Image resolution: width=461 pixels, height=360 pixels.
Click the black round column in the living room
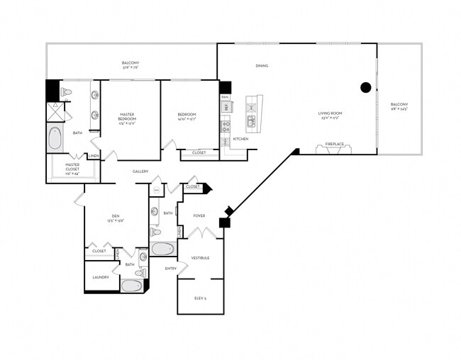click(x=366, y=88)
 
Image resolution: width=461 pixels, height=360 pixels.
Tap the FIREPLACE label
click(x=335, y=144)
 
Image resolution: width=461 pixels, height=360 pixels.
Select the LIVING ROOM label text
click(x=330, y=113)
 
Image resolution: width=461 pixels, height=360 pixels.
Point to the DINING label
click(x=262, y=66)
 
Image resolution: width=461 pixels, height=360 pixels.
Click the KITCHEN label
click(x=241, y=139)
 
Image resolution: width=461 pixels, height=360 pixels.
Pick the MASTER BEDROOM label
click(x=128, y=116)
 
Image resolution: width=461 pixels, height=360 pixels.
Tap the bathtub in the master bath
click(x=56, y=137)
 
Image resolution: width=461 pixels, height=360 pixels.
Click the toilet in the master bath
click(x=66, y=92)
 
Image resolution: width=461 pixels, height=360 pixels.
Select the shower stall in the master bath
click(x=55, y=112)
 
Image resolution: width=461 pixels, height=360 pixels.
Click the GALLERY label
click(x=140, y=171)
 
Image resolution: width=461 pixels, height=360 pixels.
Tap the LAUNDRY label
click(x=101, y=277)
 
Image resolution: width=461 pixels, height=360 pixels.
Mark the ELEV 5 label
click(x=200, y=298)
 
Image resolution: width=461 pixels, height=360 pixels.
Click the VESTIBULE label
click(x=200, y=258)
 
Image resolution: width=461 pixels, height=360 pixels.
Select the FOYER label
click(x=199, y=215)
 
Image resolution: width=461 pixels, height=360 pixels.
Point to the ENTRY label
click(x=171, y=269)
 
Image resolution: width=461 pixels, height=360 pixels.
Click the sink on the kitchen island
click(x=252, y=123)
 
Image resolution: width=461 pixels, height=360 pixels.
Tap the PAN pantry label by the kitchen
click(x=225, y=96)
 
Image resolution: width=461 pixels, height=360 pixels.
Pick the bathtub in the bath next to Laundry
click(x=132, y=286)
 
